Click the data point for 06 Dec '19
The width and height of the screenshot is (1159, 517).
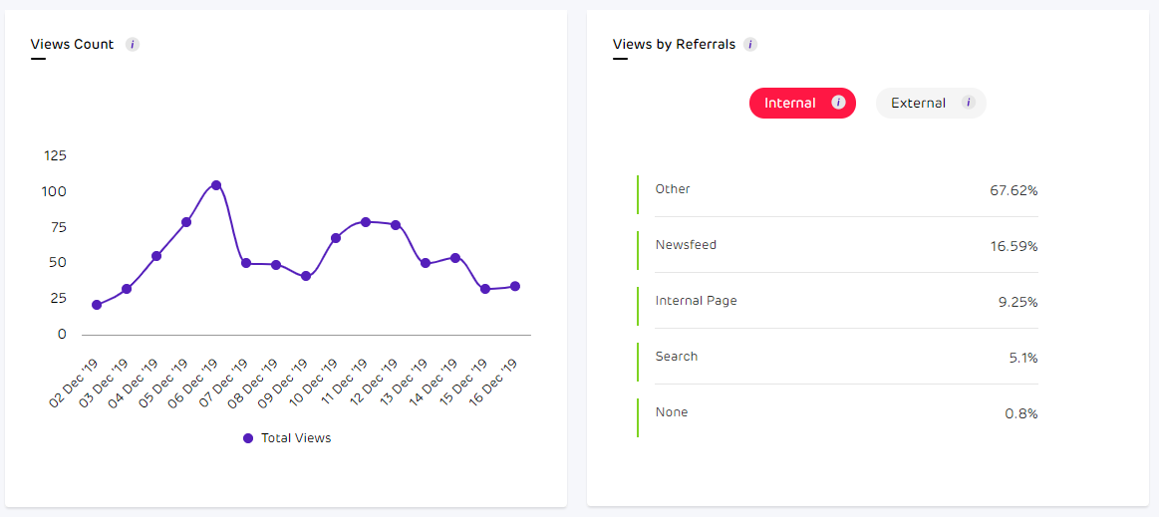[x=216, y=185]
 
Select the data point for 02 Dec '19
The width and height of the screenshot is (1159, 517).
[x=97, y=305]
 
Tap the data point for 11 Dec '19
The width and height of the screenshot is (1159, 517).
[x=366, y=221]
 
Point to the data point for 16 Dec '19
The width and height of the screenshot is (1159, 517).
[x=515, y=286]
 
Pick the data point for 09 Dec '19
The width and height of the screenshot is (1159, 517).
[x=306, y=276]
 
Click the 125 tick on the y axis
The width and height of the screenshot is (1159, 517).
[x=55, y=155]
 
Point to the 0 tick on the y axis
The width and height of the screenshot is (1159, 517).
[x=62, y=334]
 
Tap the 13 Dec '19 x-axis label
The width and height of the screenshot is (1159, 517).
[x=404, y=384]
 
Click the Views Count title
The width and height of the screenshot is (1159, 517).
[x=72, y=44]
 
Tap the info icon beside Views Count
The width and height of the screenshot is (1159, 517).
[x=133, y=44]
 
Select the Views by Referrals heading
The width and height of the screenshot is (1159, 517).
[x=674, y=44]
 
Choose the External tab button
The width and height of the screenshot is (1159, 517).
[x=930, y=103]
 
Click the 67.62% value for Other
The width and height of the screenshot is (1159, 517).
[x=1014, y=190]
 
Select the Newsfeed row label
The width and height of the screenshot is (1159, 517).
[x=686, y=245]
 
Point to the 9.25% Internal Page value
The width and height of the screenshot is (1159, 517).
[x=1016, y=302]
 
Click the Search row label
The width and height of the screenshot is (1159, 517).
[x=677, y=357]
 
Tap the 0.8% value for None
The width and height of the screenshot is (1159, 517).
[x=1020, y=413]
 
